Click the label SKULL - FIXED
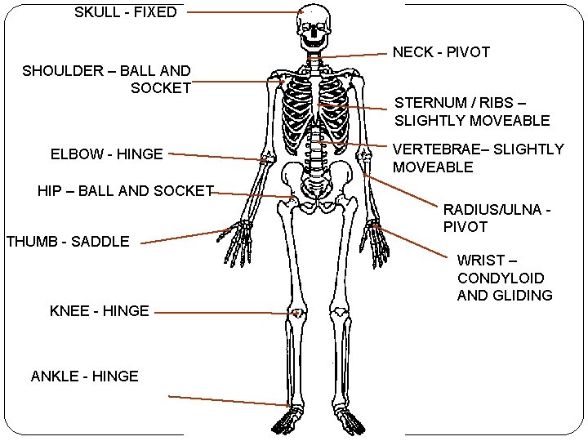tap(125, 12)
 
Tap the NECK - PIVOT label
tap(441, 52)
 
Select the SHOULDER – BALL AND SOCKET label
tap(107, 79)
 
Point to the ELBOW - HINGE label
tap(106, 153)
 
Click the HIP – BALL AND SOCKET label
tap(125, 191)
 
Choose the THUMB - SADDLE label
tap(68, 241)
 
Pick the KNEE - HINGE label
tap(100, 311)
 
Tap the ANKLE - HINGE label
tap(85, 376)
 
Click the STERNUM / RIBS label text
tap(472, 112)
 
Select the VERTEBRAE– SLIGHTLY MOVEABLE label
tap(478, 158)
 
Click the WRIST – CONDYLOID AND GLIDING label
tap(505, 278)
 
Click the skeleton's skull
tap(314, 24)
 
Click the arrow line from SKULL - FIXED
tap(245, 12)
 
